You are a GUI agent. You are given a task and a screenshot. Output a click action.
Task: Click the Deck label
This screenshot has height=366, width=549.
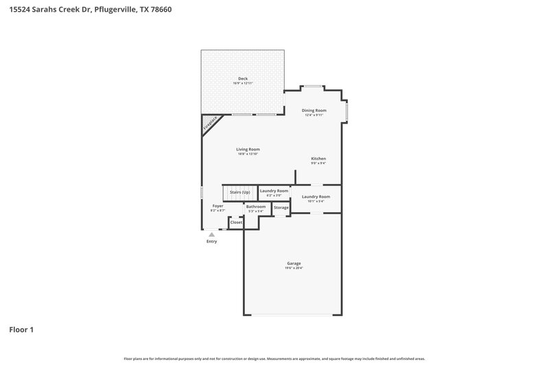243,78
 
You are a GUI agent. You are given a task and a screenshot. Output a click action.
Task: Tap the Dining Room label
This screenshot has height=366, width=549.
315,110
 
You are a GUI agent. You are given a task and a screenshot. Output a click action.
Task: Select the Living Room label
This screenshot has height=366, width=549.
248,149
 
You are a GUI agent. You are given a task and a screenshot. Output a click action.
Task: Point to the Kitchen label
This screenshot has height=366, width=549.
318,159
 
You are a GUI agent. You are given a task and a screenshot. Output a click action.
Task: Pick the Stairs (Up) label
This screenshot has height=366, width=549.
240,192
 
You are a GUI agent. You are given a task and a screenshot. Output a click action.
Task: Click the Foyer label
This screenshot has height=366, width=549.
218,205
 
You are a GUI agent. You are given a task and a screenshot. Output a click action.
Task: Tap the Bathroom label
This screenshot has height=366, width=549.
256,206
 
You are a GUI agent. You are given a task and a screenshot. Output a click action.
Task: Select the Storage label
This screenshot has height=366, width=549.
281,207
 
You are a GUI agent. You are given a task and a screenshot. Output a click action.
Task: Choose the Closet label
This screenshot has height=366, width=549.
236,222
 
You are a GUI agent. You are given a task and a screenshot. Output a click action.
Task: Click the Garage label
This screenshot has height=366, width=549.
294,263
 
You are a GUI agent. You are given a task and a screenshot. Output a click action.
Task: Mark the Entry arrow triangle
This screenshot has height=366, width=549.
211,235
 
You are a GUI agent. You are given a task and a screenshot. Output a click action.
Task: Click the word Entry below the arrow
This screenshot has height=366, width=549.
211,242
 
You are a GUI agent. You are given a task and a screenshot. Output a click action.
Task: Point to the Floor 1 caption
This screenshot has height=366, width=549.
21,330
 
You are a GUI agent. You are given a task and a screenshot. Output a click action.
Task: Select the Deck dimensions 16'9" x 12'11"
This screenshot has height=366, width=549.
243,83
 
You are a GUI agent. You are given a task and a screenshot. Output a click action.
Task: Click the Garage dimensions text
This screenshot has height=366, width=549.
294,268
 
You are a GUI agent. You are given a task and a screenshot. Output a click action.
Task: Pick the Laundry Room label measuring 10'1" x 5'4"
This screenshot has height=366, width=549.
316,196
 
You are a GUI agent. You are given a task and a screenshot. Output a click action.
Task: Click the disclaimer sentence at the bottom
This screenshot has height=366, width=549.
274,358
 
